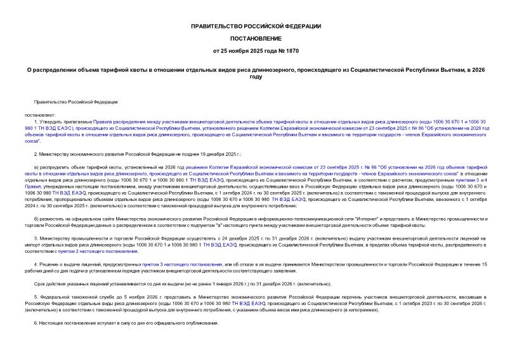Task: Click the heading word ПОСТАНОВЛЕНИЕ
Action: click(x=256, y=38)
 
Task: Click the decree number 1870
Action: click(x=291, y=50)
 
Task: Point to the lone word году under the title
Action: click(x=256, y=76)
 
